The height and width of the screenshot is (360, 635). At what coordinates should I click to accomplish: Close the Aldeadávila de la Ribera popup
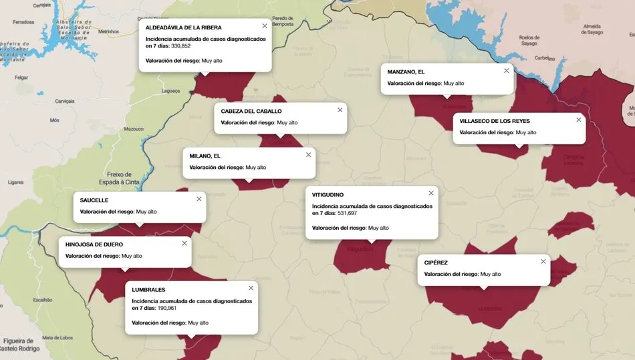(265, 26)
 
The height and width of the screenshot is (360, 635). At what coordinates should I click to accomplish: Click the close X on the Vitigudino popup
(431, 193)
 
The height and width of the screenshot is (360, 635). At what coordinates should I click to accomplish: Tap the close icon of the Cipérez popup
(543, 262)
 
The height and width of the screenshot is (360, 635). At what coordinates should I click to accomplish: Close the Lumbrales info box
(251, 289)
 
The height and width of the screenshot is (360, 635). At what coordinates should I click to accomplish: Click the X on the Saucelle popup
(199, 199)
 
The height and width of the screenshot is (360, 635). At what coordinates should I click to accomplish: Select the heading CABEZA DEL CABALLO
(251, 111)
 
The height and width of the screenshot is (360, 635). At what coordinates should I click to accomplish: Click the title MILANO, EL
(205, 156)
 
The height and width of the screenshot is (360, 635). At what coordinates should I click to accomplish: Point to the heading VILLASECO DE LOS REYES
(495, 121)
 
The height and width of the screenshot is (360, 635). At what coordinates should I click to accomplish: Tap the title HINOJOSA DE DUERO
(94, 244)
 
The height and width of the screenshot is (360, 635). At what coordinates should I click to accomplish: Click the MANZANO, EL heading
(406, 71)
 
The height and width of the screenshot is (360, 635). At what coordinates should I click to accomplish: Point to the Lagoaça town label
(171, 91)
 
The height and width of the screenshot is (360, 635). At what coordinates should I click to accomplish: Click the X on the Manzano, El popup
(506, 71)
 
